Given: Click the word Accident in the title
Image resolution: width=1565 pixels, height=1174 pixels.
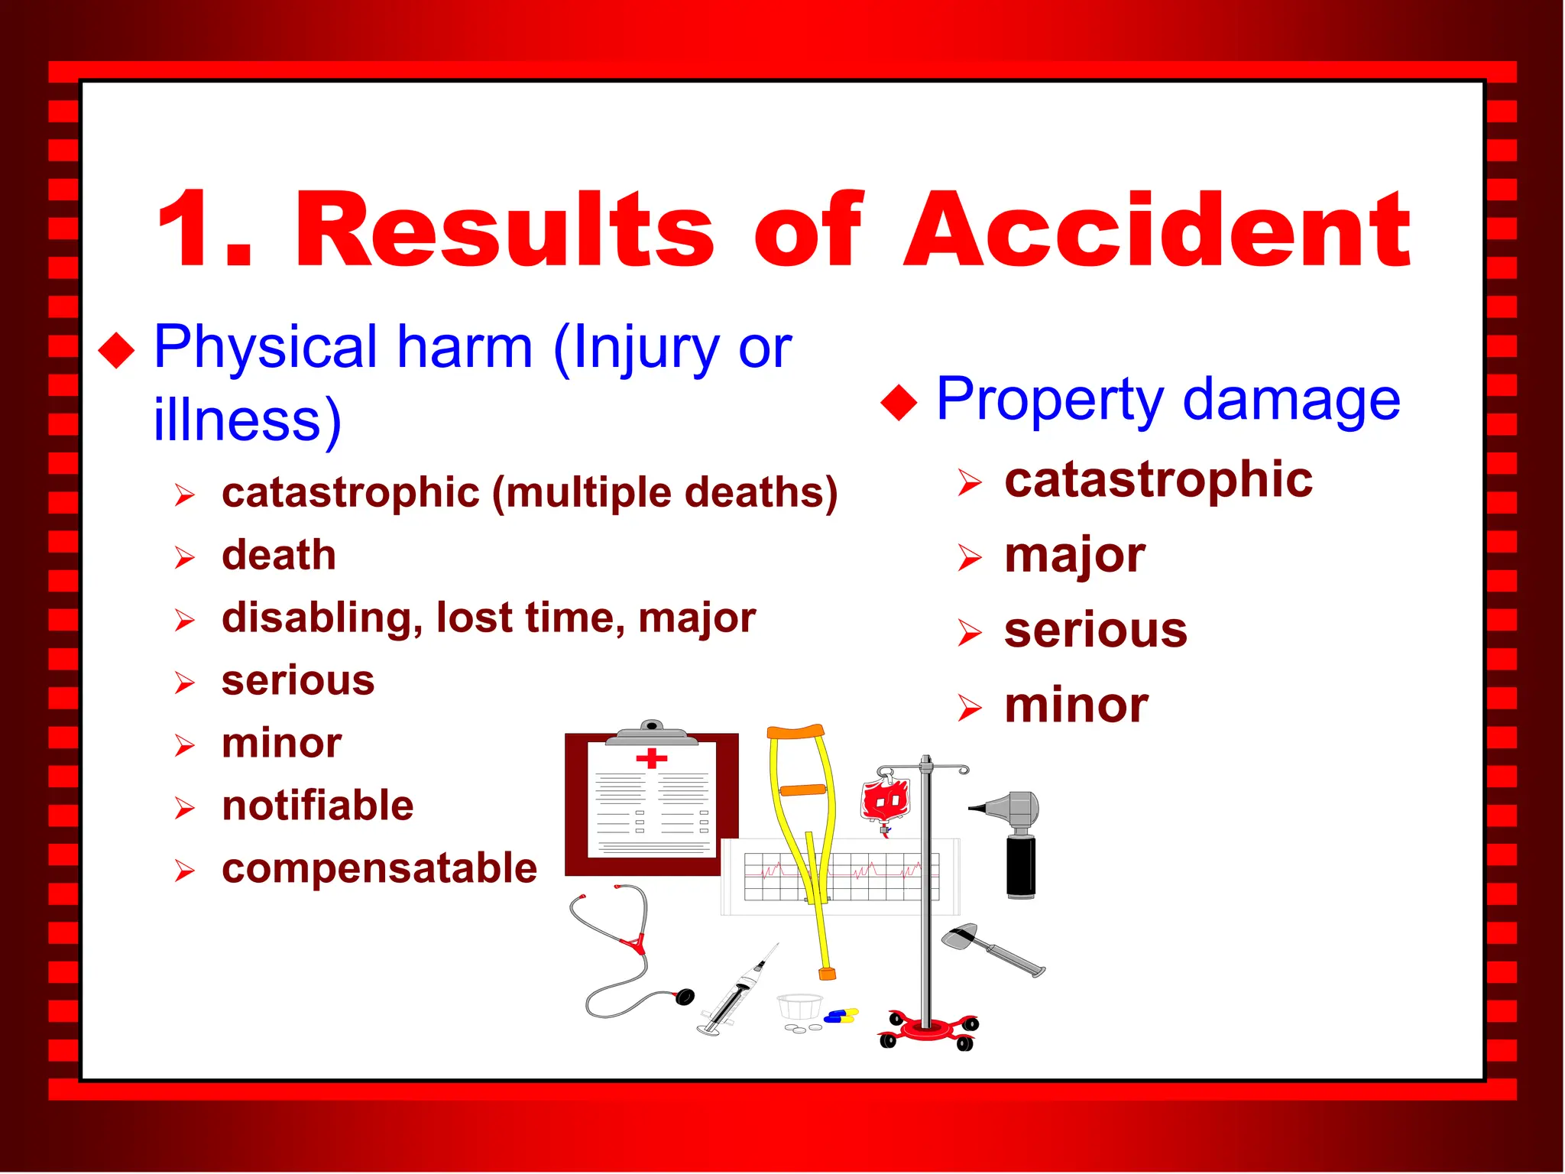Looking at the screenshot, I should pos(1155,231).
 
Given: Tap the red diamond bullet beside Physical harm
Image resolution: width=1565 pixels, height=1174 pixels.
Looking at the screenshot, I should pos(117,351).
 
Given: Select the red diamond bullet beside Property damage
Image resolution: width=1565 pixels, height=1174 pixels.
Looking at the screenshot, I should pos(899,402).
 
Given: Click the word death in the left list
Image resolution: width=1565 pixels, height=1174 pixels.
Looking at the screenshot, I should pos(279,555).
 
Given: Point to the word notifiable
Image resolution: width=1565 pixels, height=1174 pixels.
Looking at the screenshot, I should pos(318,806).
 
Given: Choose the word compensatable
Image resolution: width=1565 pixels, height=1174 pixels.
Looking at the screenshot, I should pos(379,868).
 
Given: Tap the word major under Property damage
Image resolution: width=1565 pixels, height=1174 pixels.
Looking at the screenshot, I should pos(1074,556).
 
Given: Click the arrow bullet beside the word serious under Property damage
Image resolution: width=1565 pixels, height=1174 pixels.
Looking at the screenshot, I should pos(969,633).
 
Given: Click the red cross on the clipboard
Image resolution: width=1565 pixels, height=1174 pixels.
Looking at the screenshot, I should pos(651,758).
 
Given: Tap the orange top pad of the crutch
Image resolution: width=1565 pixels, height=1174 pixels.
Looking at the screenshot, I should pos(795,732).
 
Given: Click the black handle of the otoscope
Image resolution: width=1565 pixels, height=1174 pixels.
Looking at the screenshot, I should pos(1020,867).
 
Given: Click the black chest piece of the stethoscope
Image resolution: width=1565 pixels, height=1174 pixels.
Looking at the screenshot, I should pos(685,997).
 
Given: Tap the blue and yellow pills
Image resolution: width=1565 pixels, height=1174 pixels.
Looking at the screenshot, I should pos(841,1016).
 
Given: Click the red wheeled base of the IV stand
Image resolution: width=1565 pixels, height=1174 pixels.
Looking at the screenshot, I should pos(928,1030).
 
